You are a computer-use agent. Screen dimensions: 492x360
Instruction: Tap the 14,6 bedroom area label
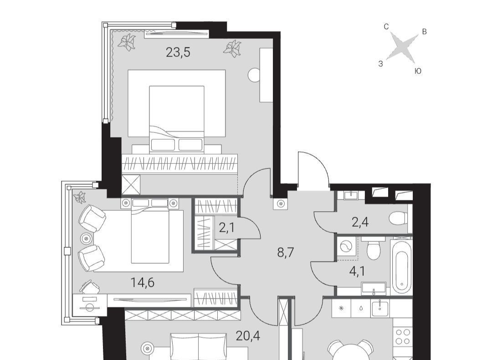143,283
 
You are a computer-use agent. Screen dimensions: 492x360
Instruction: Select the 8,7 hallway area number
286,252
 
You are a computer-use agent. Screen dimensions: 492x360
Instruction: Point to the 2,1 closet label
227,228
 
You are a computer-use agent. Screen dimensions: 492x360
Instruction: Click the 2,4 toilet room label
360,223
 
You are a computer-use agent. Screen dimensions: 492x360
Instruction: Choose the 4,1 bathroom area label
357,271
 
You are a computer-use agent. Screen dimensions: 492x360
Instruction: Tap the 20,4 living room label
248,336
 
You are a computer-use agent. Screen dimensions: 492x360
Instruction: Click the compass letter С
386,27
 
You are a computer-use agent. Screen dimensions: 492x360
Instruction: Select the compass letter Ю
418,71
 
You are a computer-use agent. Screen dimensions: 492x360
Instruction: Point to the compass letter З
380,64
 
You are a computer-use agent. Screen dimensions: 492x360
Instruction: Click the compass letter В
424,32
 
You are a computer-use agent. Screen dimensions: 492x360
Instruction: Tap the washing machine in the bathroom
347,247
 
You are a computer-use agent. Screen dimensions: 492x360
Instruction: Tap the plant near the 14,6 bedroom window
79,197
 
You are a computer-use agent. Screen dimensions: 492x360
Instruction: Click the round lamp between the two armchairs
86,238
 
